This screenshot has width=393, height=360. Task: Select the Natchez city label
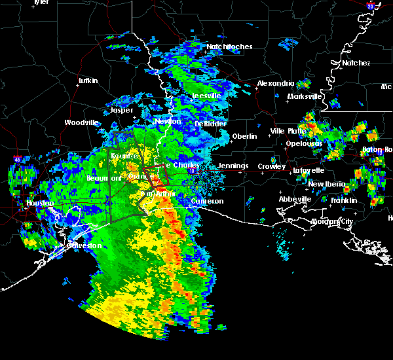point(356,63)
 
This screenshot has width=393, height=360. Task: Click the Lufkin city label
point(88,81)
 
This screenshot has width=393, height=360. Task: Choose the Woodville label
point(81,122)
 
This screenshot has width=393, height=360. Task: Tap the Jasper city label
point(121,111)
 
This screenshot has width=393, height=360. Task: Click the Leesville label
point(206,96)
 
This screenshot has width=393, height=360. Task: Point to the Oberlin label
point(244,136)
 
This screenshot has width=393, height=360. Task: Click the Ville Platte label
point(287,131)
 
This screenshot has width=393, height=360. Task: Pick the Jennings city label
point(233,166)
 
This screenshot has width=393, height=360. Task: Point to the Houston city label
point(39,203)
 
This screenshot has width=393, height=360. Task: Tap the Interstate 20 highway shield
point(371,6)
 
